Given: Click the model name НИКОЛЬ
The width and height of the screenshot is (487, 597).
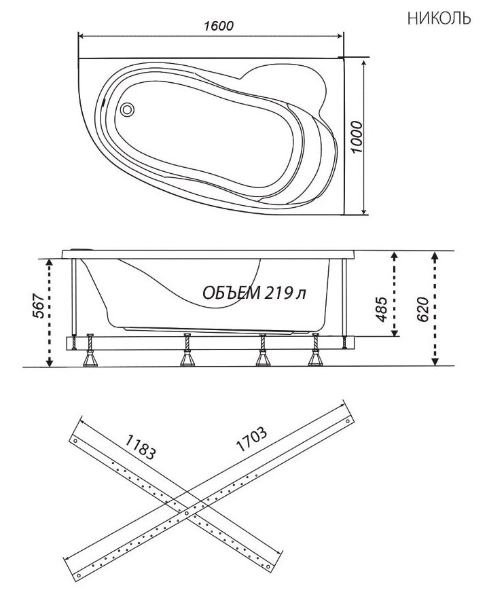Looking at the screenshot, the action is click(439, 18).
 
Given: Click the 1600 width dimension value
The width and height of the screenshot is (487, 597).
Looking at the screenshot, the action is click(219, 26).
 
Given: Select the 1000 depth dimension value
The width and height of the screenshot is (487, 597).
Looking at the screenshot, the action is click(357, 137).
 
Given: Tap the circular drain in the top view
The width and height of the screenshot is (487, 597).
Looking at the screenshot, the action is click(127, 110).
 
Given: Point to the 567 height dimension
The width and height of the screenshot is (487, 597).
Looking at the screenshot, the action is click(39, 306).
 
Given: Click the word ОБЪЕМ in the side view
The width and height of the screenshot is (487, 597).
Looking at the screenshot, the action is click(232, 293).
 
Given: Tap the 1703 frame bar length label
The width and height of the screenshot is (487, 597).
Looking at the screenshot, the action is click(251, 439).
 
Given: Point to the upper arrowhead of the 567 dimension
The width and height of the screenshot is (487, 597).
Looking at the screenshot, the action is click(49, 262).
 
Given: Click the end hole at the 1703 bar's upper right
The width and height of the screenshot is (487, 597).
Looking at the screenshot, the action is click(347, 422).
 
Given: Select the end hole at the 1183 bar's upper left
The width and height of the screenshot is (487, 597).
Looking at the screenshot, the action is click(75, 441).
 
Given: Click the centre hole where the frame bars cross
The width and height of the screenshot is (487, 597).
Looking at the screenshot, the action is click(186, 513).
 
